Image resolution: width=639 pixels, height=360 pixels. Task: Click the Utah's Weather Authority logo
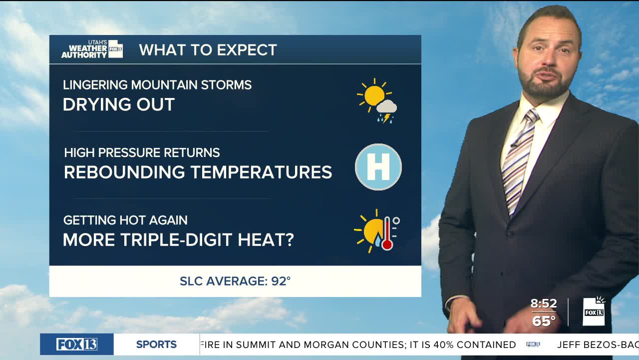(x=92, y=49)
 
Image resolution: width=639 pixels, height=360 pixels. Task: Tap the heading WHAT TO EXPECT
(x=208, y=50)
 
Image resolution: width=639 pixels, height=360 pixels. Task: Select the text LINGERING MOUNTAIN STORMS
(x=157, y=85)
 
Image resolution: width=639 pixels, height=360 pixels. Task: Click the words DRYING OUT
(x=119, y=104)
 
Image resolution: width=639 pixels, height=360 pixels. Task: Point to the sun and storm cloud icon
(x=377, y=100)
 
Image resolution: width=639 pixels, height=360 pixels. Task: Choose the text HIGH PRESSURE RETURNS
(x=142, y=152)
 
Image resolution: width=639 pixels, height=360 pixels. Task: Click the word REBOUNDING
(x=124, y=172)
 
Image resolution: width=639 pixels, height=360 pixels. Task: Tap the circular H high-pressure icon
(x=378, y=167)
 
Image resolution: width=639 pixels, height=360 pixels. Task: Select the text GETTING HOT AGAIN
(x=125, y=220)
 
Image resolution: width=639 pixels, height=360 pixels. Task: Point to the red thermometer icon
(x=387, y=233)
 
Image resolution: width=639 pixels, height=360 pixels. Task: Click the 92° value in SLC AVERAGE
(x=281, y=281)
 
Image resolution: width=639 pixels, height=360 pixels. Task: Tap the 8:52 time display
(x=544, y=303)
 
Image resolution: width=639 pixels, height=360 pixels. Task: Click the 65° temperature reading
(x=544, y=321)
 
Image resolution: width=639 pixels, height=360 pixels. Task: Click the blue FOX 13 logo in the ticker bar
(x=77, y=344)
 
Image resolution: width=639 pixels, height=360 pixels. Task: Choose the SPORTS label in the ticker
(x=156, y=344)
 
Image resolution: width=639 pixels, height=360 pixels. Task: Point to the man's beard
(x=544, y=83)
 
